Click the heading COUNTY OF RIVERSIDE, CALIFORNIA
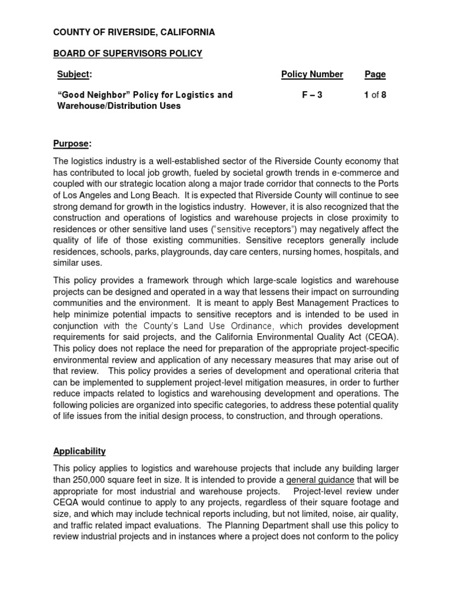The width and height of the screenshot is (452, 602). point(134,32)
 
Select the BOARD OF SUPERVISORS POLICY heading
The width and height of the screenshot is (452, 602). point(128,53)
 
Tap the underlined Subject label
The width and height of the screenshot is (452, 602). point(74,74)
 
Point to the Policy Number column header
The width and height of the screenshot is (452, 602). point(312,74)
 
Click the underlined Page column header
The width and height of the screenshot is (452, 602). point(375,74)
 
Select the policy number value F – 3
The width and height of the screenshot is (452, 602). point(312,95)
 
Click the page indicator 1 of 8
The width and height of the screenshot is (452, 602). point(375,95)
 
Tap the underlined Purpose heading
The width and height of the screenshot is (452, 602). point(72,144)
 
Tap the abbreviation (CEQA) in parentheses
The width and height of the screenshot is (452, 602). point(382,337)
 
